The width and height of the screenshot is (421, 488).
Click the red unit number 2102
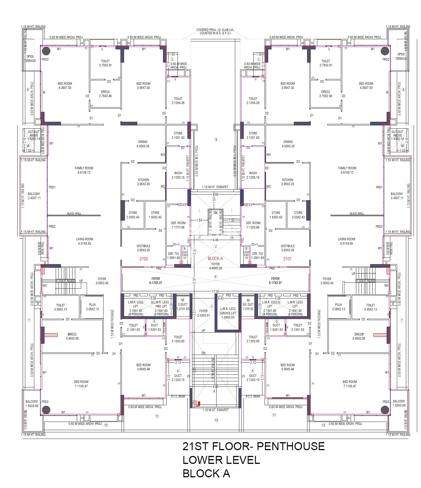pos(144,259)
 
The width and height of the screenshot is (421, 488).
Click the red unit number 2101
pos(287,259)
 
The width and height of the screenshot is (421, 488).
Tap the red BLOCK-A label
pos(215,258)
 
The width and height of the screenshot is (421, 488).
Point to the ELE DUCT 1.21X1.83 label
pos(248,306)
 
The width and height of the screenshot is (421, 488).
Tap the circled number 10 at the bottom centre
pos(216,420)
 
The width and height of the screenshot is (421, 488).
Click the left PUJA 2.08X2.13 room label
pos(92,307)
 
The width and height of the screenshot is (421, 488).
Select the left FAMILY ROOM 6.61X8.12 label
pos(84,170)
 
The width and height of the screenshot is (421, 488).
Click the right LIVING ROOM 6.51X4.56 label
pos(346,241)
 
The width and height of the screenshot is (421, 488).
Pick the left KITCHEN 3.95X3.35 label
pos(143,182)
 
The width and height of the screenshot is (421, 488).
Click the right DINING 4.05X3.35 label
pos(288,144)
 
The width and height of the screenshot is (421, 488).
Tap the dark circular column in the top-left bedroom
pos(46,51)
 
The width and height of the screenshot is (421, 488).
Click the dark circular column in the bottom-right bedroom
pos(385,410)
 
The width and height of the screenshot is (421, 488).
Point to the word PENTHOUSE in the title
pos(291,446)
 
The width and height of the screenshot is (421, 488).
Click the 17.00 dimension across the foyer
pos(215,291)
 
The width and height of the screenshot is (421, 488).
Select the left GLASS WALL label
pos(74,213)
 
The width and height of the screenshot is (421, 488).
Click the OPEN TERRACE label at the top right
pos(401,56)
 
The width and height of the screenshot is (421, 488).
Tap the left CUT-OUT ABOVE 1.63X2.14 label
pos(33,135)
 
